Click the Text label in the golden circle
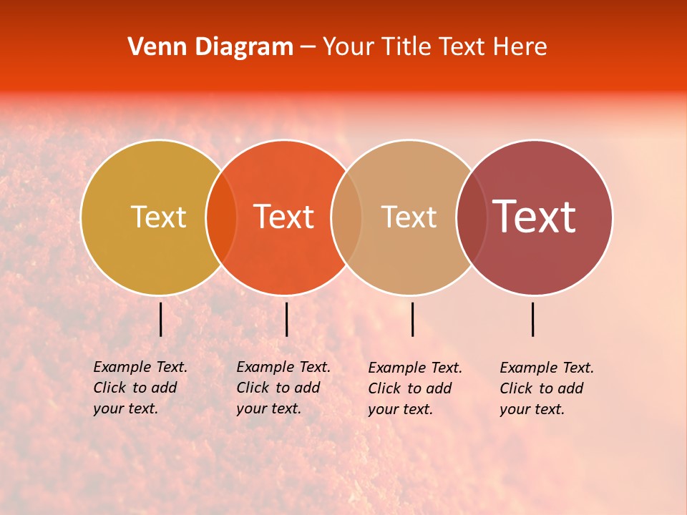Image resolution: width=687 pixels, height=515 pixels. click(158, 217)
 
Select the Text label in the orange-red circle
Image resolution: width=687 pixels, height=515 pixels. click(283, 217)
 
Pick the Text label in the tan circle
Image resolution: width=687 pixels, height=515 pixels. click(409, 217)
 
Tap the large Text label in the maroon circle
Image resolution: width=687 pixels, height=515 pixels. click(534, 217)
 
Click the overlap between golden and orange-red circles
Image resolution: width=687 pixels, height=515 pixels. click(221, 217)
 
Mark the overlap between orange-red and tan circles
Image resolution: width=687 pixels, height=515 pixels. click(346, 217)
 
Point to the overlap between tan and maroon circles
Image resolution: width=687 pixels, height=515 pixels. click(472, 217)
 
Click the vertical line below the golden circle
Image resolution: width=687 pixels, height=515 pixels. click(161, 319)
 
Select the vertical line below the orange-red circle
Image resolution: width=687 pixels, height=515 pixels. click(286, 319)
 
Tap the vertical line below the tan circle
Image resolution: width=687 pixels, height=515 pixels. click(412, 319)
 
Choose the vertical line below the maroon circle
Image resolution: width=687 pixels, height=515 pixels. click(533, 319)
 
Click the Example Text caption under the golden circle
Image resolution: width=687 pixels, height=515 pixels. click(140, 388)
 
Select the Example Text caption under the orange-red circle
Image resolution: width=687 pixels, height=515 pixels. click(283, 388)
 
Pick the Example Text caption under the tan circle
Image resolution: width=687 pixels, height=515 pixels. click(414, 388)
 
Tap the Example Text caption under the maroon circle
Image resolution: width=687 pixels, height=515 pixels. click(546, 388)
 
